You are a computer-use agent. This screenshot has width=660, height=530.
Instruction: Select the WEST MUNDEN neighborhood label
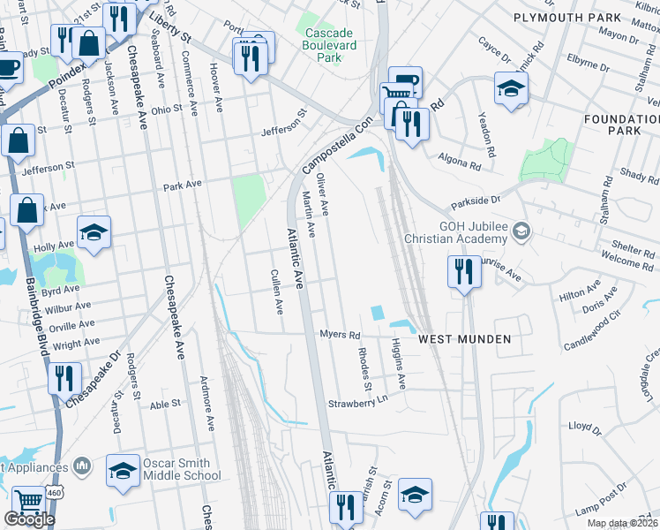[464, 339]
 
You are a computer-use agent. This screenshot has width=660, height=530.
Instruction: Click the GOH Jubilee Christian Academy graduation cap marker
[522, 231]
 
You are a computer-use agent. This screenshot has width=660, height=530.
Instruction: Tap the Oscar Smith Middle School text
[180, 469]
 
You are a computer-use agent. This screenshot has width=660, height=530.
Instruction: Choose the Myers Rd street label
[341, 335]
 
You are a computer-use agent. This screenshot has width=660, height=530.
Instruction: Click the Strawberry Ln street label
[358, 402]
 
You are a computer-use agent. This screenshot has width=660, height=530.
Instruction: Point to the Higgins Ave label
[399, 364]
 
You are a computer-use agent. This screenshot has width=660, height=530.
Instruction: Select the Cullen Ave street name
[278, 292]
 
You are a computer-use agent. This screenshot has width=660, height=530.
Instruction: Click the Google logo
[28, 519]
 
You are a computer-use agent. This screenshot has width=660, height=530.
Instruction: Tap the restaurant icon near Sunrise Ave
[463, 270]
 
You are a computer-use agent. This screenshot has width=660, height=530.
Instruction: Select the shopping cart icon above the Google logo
[29, 501]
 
